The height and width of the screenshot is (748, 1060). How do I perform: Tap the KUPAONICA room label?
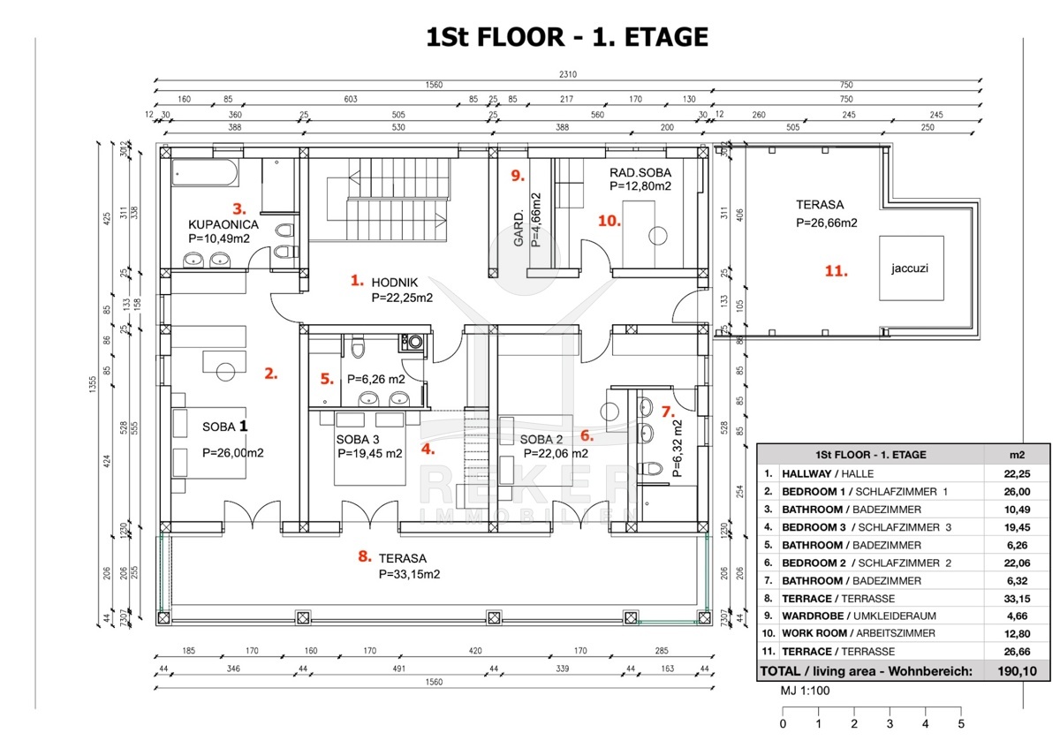coord(223,225)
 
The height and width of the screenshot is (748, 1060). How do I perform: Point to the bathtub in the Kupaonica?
coord(205,173)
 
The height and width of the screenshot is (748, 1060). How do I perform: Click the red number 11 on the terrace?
coord(835,271)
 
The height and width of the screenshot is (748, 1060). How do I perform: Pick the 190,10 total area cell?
coord(1018,671)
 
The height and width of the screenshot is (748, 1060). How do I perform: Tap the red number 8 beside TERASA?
coord(364,556)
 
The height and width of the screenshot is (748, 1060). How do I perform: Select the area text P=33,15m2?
coord(409,574)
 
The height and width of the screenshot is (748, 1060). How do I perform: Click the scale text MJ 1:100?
coord(805,691)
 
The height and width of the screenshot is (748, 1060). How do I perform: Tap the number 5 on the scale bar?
coord(961,724)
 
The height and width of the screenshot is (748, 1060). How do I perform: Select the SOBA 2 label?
coord(541,440)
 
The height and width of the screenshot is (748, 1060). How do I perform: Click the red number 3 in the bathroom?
coord(237,208)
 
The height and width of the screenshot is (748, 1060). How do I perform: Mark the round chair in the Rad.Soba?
coord(656,236)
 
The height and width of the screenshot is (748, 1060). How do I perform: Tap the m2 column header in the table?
coord(1018,455)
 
